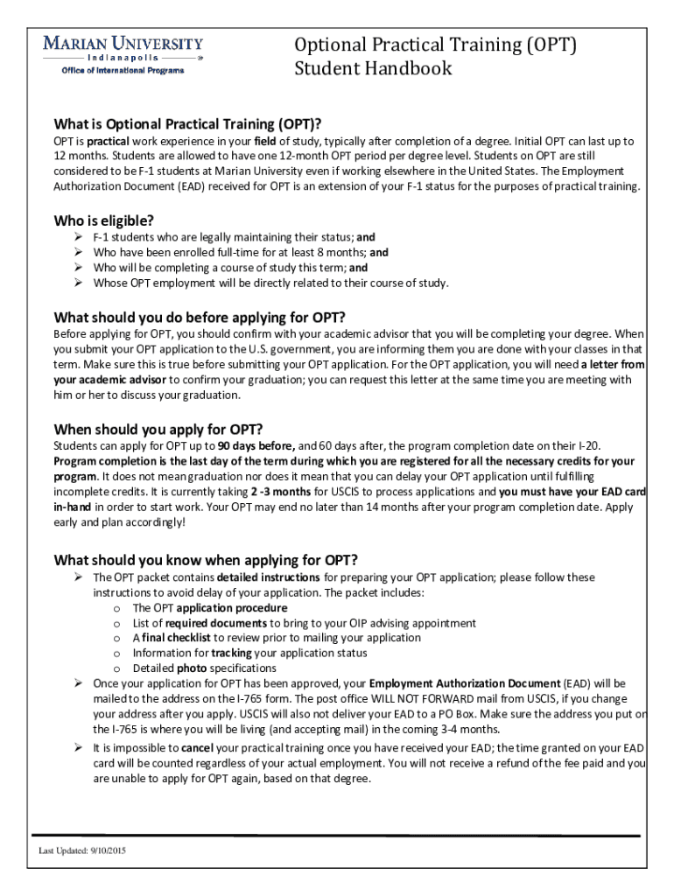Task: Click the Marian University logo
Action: (123, 49)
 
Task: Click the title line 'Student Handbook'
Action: (374, 68)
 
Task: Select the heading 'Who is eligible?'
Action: (109, 220)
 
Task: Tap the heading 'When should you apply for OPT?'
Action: (158, 429)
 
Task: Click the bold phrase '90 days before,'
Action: (257, 445)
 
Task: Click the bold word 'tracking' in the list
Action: (231, 653)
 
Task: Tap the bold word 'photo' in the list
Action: (192, 668)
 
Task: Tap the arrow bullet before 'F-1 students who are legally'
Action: (77, 237)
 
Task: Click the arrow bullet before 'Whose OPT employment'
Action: (77, 283)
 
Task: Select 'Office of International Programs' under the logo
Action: (123, 70)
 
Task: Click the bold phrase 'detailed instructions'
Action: (268, 577)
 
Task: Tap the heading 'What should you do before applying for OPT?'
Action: (200, 317)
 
